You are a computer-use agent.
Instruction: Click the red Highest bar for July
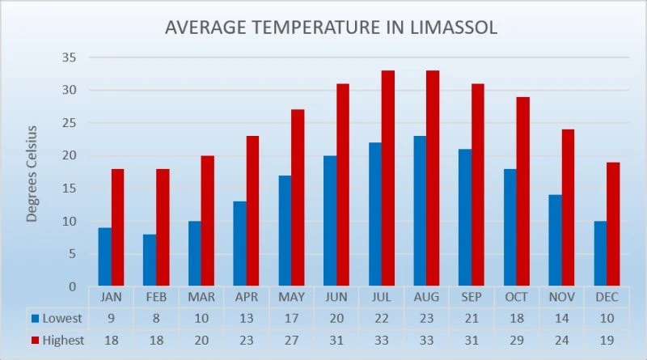[x=388, y=178]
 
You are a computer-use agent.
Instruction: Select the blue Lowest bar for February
[x=150, y=260]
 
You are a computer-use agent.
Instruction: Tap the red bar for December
[x=613, y=224]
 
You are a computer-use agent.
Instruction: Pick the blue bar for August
[x=420, y=211]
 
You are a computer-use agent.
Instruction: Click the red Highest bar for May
[x=298, y=197]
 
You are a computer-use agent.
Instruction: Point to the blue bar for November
[x=556, y=240]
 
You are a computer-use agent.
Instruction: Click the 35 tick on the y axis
[x=70, y=57]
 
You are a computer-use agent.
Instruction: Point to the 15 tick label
[x=70, y=188]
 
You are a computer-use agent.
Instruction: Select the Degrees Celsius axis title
[x=32, y=174]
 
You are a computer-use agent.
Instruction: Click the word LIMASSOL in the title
[x=454, y=28]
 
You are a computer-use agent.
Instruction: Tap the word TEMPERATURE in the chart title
[x=316, y=28]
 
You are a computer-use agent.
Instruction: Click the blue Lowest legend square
[x=36, y=319]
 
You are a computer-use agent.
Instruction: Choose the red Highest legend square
[x=36, y=341]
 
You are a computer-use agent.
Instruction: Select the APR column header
[x=247, y=297]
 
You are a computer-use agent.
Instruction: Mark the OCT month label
[x=517, y=297]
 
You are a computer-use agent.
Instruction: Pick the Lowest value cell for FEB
[x=156, y=319]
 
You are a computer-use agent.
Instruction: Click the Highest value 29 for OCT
[x=517, y=341]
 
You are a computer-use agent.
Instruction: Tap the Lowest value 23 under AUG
[x=427, y=319]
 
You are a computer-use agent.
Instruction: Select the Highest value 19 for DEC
[x=607, y=341]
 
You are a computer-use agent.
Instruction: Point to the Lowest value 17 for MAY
[x=291, y=319]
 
